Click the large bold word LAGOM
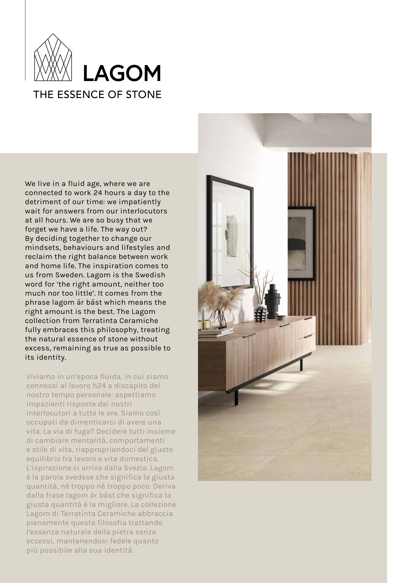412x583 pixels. pos(122,73)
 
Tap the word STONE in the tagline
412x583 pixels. pos(144,95)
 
